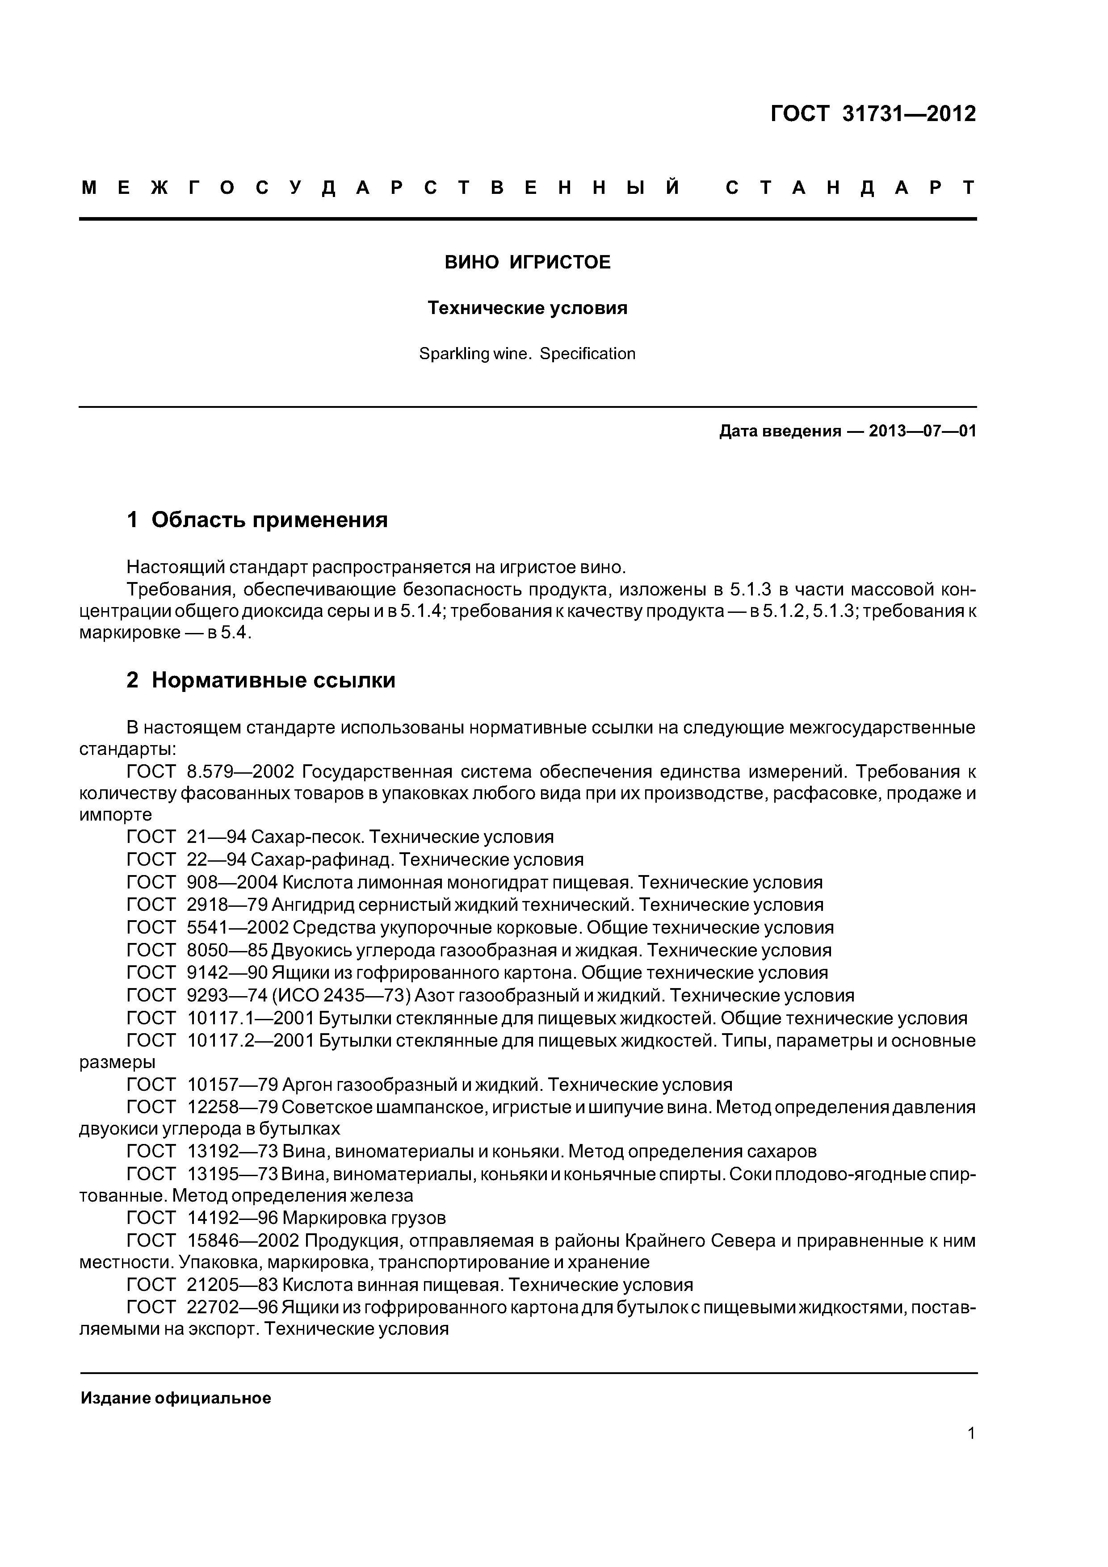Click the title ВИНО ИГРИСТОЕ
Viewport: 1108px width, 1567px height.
[527, 262]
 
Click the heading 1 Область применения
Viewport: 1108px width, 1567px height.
[257, 520]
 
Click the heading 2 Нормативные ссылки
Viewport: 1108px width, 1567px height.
[261, 680]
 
